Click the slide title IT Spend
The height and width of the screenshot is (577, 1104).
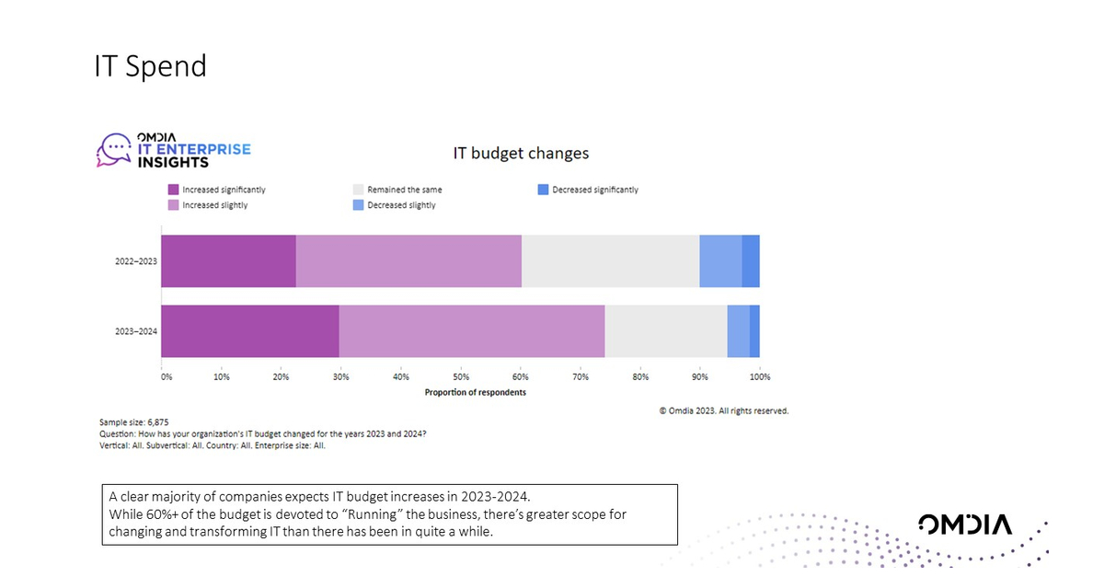coord(150,66)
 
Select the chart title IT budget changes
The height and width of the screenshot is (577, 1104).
coord(521,153)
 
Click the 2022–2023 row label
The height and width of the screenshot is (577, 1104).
coord(134,262)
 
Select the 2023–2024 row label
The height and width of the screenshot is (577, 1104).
coord(134,331)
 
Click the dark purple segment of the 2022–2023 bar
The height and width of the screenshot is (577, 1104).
coord(228,261)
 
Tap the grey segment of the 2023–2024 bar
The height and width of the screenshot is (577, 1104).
coord(666,331)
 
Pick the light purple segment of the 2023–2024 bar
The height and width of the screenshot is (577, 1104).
coord(472,331)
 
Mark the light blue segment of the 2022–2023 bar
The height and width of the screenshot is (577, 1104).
coord(720,261)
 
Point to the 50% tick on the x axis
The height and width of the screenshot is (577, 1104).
coord(461,376)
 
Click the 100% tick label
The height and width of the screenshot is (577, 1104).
coord(760,376)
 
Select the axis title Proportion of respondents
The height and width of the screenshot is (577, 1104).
coord(476,392)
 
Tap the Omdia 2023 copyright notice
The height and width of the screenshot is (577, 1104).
coord(723,410)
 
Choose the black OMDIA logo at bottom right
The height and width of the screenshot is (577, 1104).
coord(965,525)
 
